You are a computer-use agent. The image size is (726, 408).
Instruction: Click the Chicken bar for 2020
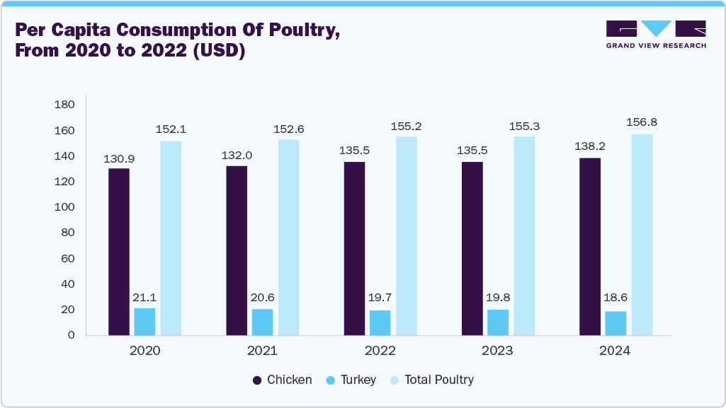pos(119,252)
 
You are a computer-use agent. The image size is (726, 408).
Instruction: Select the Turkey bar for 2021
pos(262,322)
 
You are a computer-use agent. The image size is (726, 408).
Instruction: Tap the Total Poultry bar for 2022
pos(407,236)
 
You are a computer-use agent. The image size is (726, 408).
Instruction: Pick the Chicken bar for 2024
pos(590,247)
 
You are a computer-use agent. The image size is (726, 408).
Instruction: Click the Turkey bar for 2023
pos(498,322)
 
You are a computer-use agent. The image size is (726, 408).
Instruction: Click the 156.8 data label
pos(642,123)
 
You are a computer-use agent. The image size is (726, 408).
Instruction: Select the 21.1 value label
pos(144,297)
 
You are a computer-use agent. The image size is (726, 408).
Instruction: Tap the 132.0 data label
pos(237,155)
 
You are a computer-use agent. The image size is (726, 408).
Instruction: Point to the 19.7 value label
pos(380,298)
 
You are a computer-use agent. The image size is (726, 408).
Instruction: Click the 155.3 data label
pos(524,125)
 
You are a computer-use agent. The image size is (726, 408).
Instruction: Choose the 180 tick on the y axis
pos(64,105)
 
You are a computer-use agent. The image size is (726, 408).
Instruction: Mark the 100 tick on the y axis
pos(64,207)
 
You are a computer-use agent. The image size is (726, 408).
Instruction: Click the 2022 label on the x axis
pos(380,351)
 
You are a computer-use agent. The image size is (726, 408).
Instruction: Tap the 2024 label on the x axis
pos(616,351)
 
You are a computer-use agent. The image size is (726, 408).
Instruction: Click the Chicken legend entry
pos(282,380)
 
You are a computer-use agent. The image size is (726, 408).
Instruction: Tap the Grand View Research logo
pos(655,34)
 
